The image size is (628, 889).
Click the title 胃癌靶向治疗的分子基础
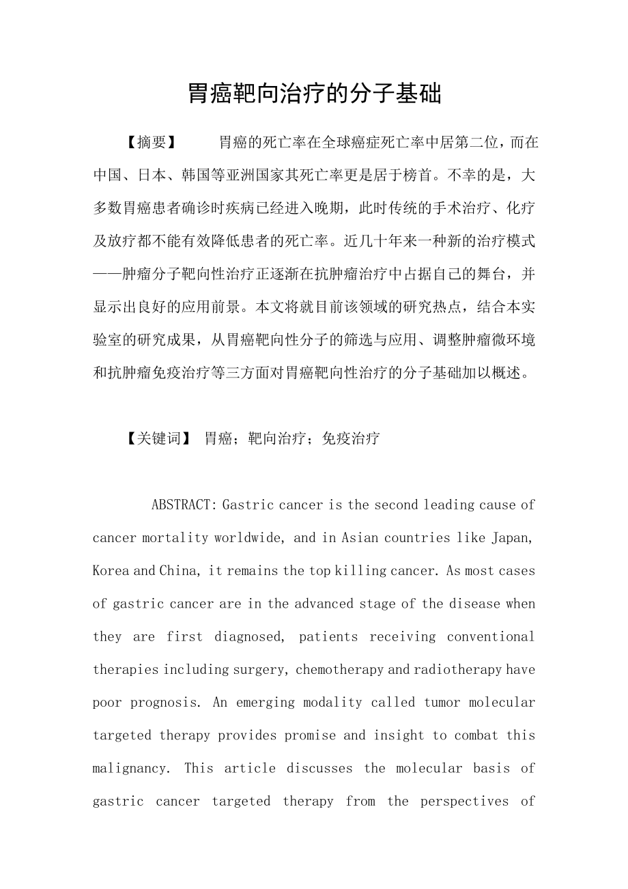pyautogui.click(x=315, y=94)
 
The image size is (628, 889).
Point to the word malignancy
pyautogui.click(x=129, y=768)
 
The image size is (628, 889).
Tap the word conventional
pyautogui.click(x=491, y=636)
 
